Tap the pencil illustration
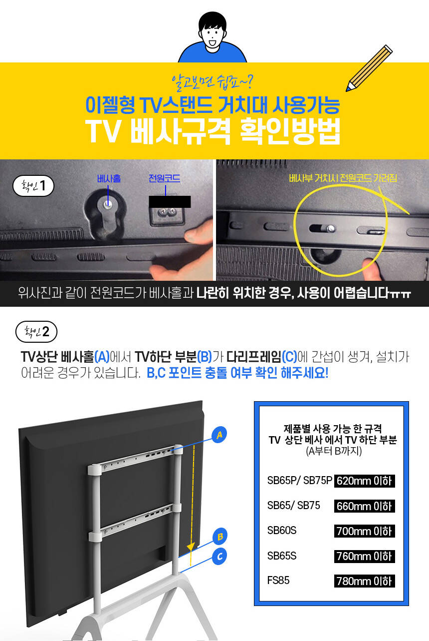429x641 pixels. click(x=369, y=68)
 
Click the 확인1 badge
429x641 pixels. click(x=33, y=186)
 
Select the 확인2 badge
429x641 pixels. click(x=36, y=332)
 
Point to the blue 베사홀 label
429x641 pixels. click(x=109, y=179)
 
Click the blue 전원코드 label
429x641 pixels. click(x=164, y=178)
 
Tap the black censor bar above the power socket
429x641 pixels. click(x=170, y=202)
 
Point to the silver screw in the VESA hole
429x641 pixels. click(x=108, y=204)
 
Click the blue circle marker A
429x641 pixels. click(x=219, y=435)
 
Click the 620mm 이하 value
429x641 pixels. click(x=365, y=481)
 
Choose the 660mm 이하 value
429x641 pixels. click(x=365, y=506)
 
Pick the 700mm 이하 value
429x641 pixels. click(x=365, y=532)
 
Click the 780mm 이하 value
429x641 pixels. click(x=365, y=581)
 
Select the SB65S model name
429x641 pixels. click(x=282, y=556)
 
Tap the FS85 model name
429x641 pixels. click(x=278, y=581)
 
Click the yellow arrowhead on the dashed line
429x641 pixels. click(x=191, y=546)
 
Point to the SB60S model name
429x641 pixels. click(x=282, y=531)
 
